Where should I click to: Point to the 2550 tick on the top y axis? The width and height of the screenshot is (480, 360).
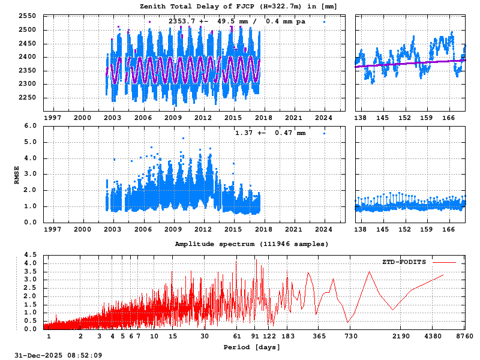tap(27, 16)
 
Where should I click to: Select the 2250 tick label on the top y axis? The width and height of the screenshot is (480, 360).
tap(27, 98)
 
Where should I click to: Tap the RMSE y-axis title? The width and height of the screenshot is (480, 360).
tap(17, 174)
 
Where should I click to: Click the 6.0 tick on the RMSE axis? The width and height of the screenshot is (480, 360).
tap(31, 126)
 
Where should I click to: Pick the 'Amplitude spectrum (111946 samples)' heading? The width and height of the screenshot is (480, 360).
tap(251, 244)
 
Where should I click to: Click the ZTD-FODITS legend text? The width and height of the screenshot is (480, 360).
tap(404, 262)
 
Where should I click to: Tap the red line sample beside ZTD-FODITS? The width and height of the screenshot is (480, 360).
tap(444, 262)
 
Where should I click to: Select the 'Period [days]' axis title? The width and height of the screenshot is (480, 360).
tap(251, 347)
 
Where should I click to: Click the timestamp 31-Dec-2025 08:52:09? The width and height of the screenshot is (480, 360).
tap(58, 355)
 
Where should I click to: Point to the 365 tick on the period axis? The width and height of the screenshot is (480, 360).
tap(319, 337)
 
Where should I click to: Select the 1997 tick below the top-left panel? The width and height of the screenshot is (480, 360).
tap(52, 118)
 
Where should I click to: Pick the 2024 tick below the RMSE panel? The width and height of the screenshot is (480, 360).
tap(324, 229)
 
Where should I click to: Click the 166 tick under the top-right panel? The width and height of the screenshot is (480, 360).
tap(448, 118)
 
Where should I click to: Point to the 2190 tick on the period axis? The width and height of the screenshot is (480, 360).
tap(401, 337)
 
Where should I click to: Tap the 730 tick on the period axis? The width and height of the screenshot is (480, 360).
tap(351, 337)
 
